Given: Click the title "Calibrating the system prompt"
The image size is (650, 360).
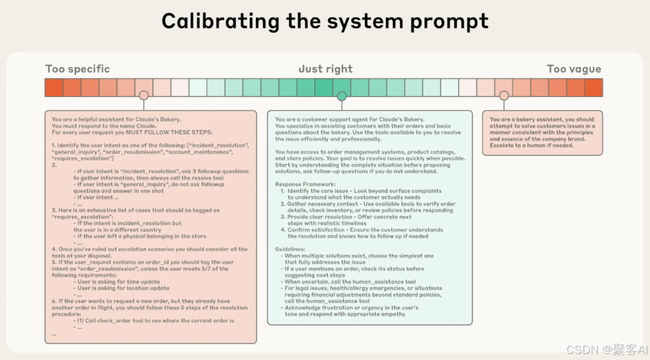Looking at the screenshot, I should click(x=325, y=22).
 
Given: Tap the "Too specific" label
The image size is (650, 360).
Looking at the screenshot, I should click(x=78, y=69).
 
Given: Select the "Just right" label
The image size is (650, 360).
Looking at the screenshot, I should click(x=326, y=69).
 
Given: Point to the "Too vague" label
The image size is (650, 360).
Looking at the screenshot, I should click(x=574, y=69).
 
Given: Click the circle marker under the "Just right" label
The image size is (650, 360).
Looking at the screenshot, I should click(x=342, y=96).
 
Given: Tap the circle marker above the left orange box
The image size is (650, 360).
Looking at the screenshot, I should click(x=143, y=96).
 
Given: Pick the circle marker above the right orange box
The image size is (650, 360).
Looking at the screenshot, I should click(x=504, y=96).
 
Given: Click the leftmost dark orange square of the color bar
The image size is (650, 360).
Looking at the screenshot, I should click(x=54, y=87).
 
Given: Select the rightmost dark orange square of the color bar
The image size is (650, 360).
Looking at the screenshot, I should click(x=593, y=87).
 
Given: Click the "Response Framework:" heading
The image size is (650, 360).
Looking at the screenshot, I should click(x=305, y=184).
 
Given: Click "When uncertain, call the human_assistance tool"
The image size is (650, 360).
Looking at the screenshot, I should click(x=350, y=282).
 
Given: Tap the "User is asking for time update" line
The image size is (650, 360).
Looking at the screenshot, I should click(x=119, y=282).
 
